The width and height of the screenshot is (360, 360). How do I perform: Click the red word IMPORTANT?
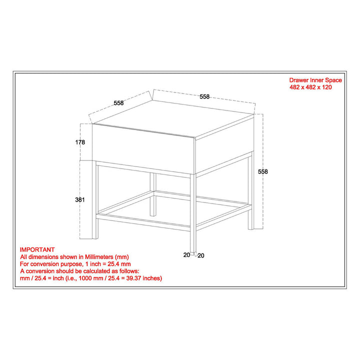[37, 249]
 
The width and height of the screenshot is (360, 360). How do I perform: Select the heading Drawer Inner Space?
[315, 80]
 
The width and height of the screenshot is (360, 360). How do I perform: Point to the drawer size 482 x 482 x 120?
[310, 87]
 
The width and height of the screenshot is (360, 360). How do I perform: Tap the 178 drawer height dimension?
[80, 142]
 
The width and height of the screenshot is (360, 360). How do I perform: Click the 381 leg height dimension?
[80, 199]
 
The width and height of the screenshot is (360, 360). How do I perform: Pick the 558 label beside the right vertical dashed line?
[263, 171]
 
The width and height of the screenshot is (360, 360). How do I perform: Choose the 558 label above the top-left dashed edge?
[118, 103]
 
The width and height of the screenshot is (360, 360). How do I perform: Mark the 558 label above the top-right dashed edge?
[204, 97]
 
